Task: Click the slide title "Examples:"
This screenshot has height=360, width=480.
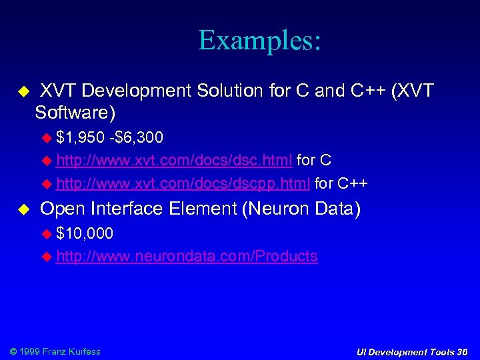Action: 259,41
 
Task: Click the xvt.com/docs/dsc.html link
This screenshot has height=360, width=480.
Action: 174,161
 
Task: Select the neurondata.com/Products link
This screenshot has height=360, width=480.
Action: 187,256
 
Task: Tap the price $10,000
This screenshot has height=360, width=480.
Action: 85,233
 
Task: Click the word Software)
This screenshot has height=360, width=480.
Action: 75,112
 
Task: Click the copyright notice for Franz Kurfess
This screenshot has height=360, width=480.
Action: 53,351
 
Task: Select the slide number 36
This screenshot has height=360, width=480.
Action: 462,352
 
